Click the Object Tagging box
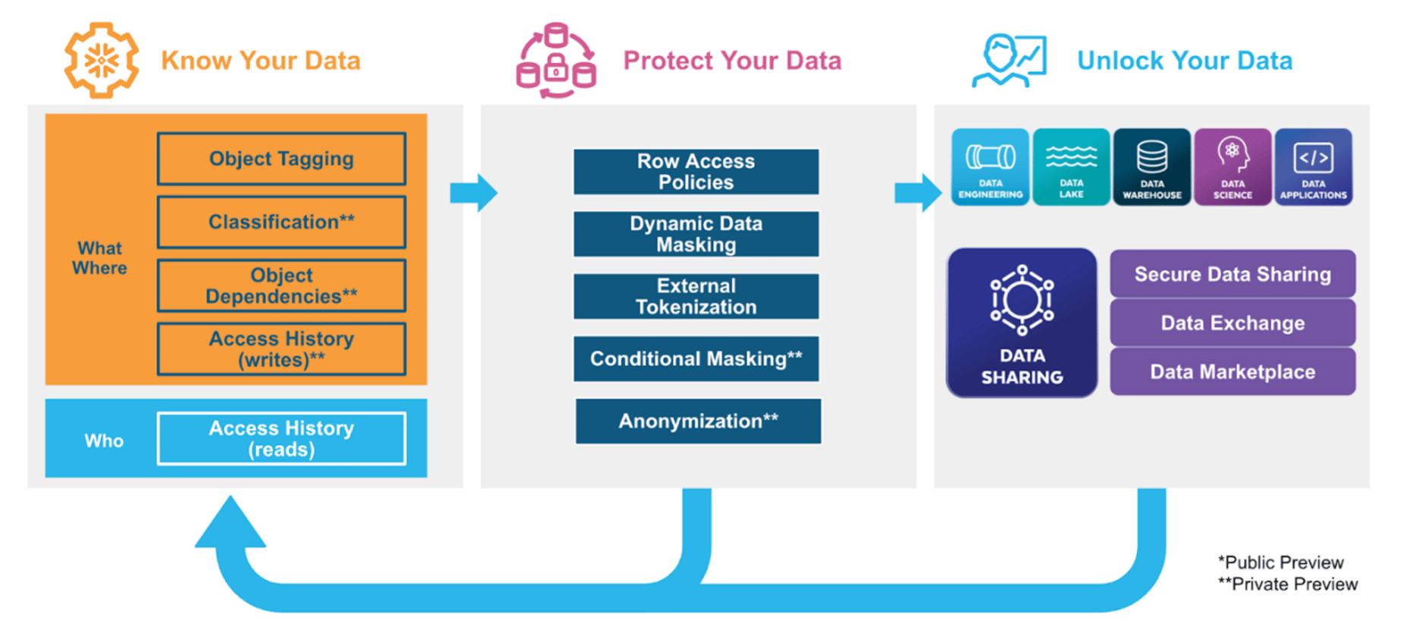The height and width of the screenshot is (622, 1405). tap(281, 159)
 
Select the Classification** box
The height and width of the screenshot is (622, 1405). tap(281, 222)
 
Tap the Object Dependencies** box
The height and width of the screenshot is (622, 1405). tap(281, 286)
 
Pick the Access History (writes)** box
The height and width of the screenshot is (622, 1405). tap(281, 349)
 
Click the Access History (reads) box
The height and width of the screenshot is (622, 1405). tap(281, 438)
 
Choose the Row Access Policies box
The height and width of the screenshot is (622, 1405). tap(696, 172)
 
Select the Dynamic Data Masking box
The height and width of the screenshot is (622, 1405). tap(696, 234)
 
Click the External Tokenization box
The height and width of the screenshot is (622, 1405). tap(696, 296)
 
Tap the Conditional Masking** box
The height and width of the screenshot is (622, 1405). tap(696, 358)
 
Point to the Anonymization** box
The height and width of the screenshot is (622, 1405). tap(698, 421)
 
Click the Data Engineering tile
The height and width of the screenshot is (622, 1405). tap(990, 166)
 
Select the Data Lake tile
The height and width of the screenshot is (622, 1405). tap(1071, 166)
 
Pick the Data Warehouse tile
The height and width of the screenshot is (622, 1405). tap(1151, 166)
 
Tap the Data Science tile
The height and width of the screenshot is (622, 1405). tap(1232, 166)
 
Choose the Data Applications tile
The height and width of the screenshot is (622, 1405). tap(1313, 166)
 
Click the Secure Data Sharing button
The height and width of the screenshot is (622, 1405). tap(1233, 273)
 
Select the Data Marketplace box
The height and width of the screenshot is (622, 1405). tap(1233, 371)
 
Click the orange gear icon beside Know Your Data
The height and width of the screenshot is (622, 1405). tap(101, 60)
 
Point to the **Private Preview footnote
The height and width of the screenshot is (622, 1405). tap(1287, 584)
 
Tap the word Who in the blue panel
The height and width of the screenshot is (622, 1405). tap(104, 440)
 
